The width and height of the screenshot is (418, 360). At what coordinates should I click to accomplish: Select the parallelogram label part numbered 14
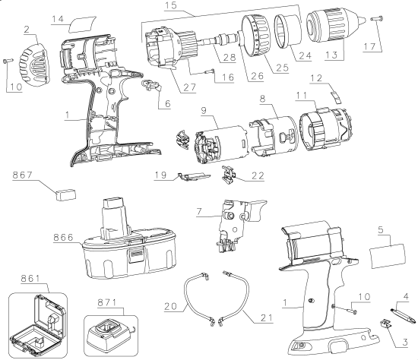83,25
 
